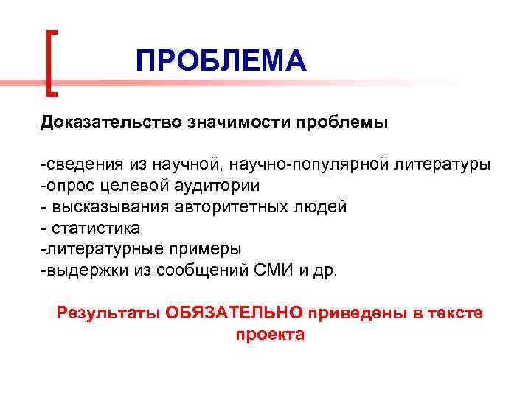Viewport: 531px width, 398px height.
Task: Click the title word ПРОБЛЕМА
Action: tap(221, 61)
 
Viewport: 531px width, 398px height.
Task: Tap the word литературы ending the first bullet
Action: tap(446, 164)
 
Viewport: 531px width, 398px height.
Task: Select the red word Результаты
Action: tap(109, 313)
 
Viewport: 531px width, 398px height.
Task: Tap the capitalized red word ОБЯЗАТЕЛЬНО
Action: tap(234, 313)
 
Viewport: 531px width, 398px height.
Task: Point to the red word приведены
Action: tap(355, 313)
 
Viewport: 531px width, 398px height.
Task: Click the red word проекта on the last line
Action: tap(270, 334)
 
